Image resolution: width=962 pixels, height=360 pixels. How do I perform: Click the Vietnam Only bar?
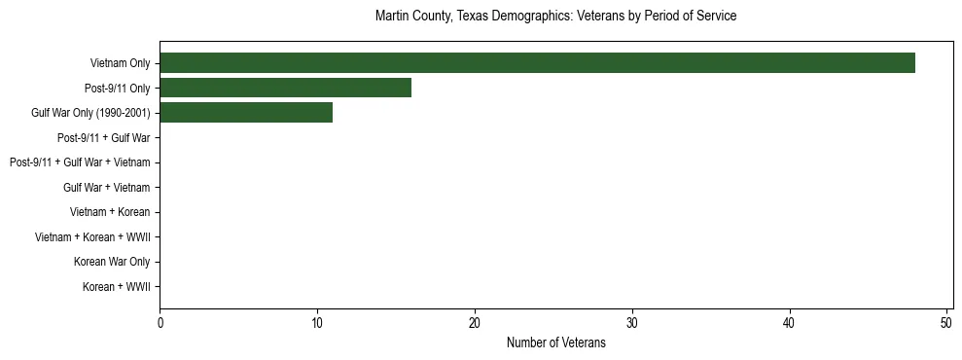coord(537,63)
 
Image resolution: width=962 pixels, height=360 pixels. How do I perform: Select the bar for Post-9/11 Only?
coord(285,88)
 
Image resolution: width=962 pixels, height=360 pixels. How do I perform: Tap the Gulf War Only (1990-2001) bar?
coord(246,113)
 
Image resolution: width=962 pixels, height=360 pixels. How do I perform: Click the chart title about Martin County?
coord(555,17)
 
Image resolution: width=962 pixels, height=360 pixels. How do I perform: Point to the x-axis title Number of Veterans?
coord(555,343)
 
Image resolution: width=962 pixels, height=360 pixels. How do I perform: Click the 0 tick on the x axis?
coord(160,324)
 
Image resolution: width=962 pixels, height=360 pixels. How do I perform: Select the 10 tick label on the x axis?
coord(317,324)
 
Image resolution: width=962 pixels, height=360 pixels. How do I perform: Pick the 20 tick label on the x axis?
coord(475,324)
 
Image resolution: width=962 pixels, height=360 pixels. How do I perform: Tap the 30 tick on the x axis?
coord(632,324)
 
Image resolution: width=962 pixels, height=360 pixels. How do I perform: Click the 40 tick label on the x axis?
coord(790,324)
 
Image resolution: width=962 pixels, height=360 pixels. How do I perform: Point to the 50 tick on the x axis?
coord(946,324)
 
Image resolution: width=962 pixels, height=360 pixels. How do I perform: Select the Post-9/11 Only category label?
coord(118,89)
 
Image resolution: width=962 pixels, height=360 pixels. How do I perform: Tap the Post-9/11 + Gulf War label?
coord(103,138)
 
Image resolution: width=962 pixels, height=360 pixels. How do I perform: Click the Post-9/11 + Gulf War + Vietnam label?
coord(80,162)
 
